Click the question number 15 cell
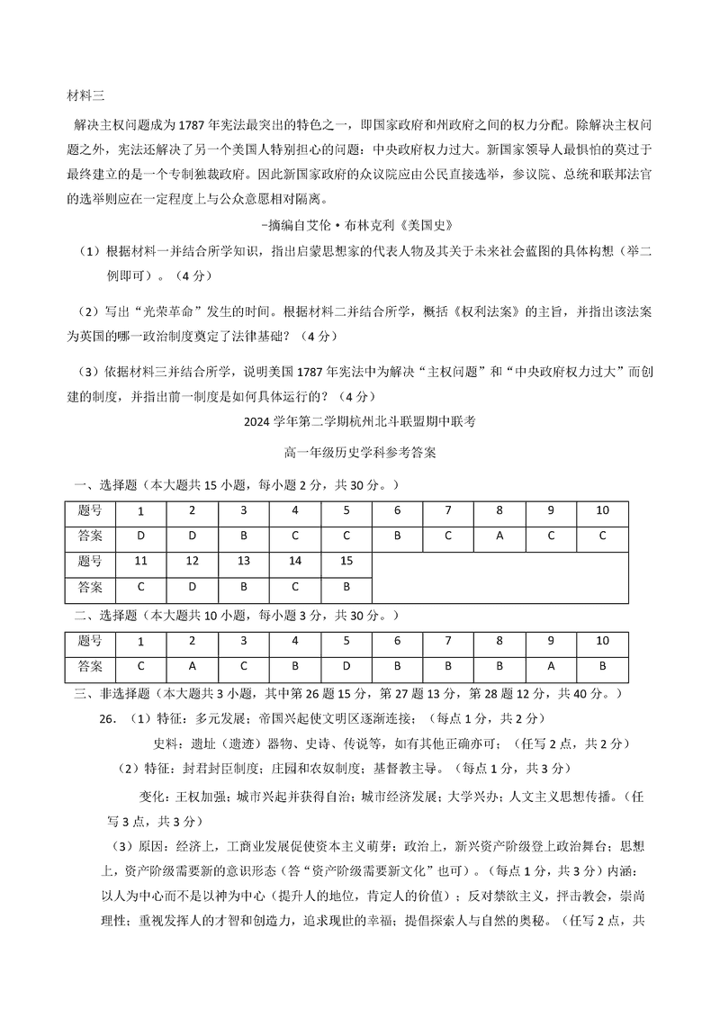click(x=346, y=561)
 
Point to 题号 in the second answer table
click(x=90, y=641)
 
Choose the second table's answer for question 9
click(x=551, y=666)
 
